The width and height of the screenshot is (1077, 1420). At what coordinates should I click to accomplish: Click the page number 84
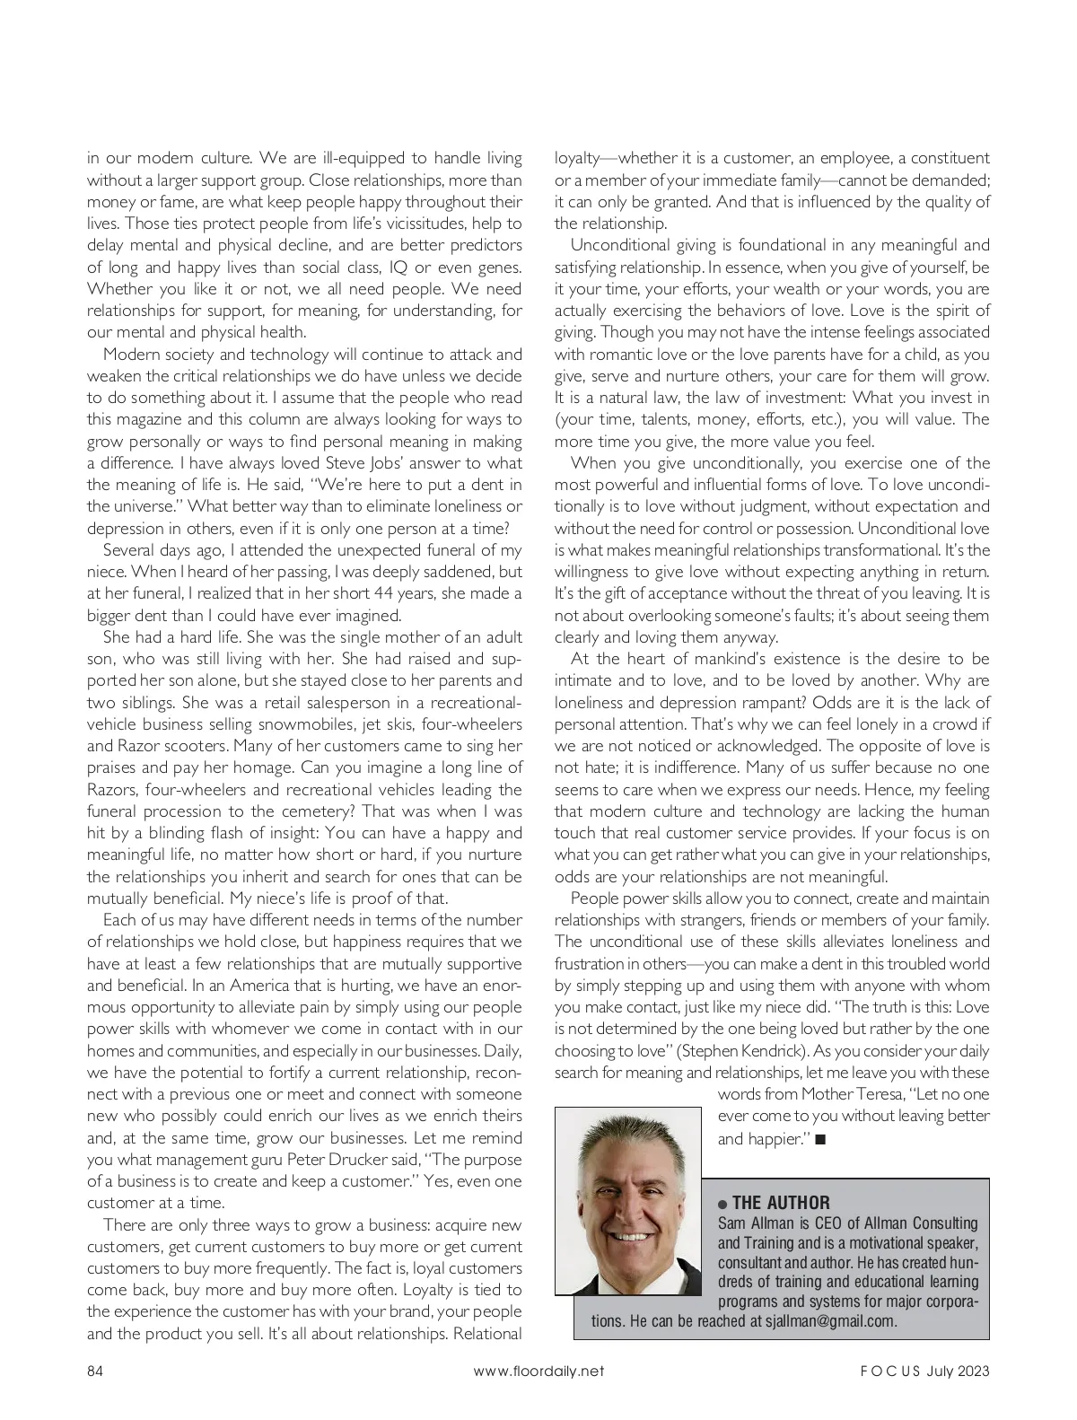pyautogui.click(x=95, y=1371)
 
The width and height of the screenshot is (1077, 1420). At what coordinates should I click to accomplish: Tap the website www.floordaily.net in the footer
pyautogui.click(x=538, y=1371)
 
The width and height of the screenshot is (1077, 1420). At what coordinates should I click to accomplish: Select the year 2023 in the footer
pyautogui.click(x=973, y=1371)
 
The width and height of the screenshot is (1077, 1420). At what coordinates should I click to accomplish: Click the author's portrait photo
pyautogui.click(x=628, y=1201)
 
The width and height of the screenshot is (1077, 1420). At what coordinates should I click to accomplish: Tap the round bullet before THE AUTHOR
pyautogui.click(x=723, y=1204)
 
